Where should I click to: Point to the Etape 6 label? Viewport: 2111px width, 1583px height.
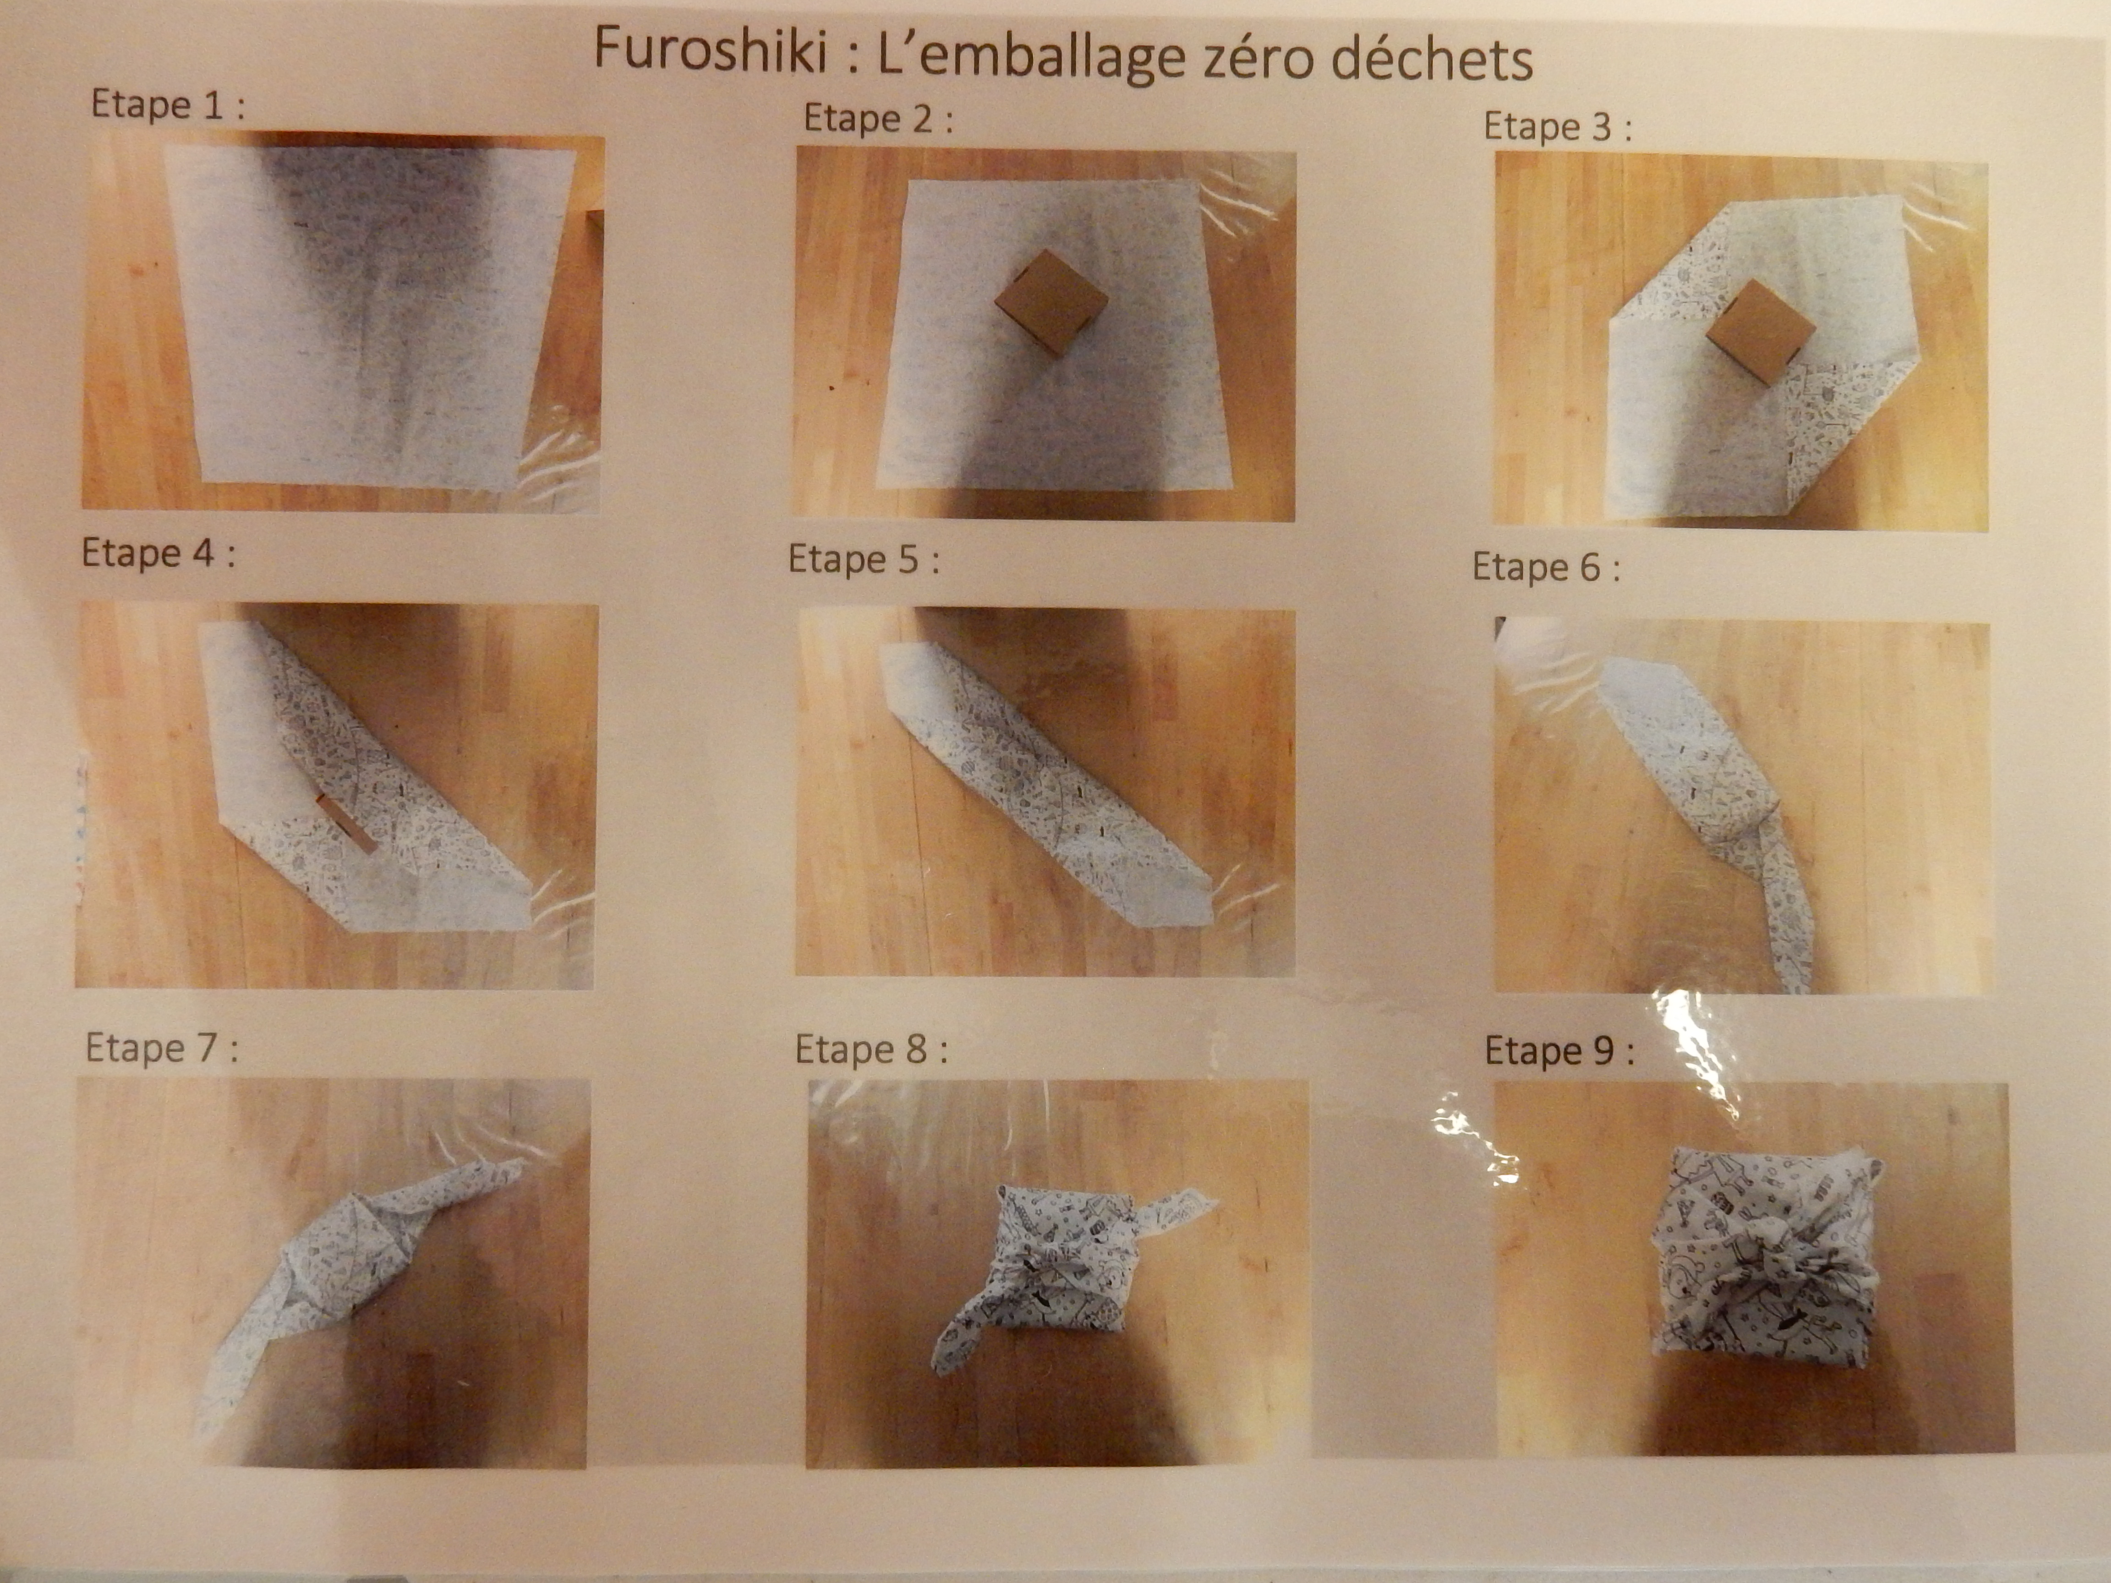(x=1546, y=568)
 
